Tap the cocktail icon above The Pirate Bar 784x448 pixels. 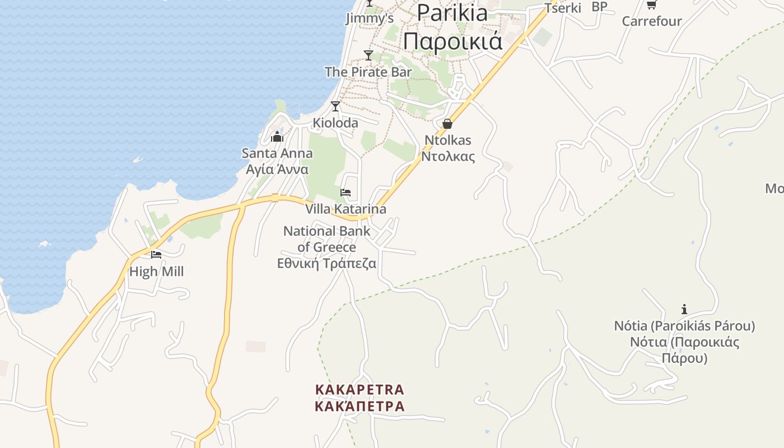coord(368,55)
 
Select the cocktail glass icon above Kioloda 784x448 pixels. coord(335,106)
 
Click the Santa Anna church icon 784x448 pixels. coord(277,137)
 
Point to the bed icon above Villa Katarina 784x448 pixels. coord(346,193)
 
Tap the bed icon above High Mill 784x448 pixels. coord(156,254)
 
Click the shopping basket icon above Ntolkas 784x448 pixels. coord(447,124)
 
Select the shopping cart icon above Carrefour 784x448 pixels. coord(651,4)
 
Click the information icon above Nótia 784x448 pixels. coord(684,309)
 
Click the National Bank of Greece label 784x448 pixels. coord(327,246)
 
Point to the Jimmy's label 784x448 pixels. coord(370,18)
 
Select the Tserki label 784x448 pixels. coord(563,8)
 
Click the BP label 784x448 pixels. coord(599,7)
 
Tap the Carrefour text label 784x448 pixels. coord(652,21)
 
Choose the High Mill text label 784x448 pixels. coord(156,272)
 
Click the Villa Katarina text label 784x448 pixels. coord(346,209)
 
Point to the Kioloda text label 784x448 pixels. coord(335,123)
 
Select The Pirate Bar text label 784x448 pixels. coord(368,72)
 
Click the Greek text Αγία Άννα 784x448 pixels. coord(277,169)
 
